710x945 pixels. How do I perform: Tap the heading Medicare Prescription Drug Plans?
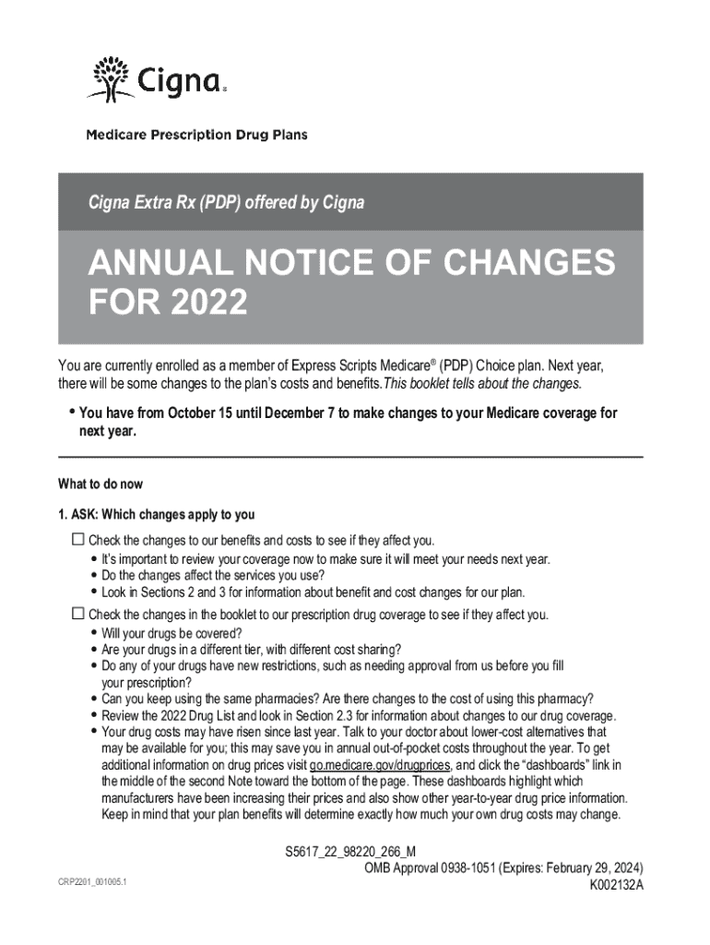click(x=197, y=135)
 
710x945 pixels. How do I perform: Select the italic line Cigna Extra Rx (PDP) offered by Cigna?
click(x=226, y=202)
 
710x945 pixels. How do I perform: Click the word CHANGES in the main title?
click(x=520, y=265)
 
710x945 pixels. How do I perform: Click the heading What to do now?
click(x=101, y=484)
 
